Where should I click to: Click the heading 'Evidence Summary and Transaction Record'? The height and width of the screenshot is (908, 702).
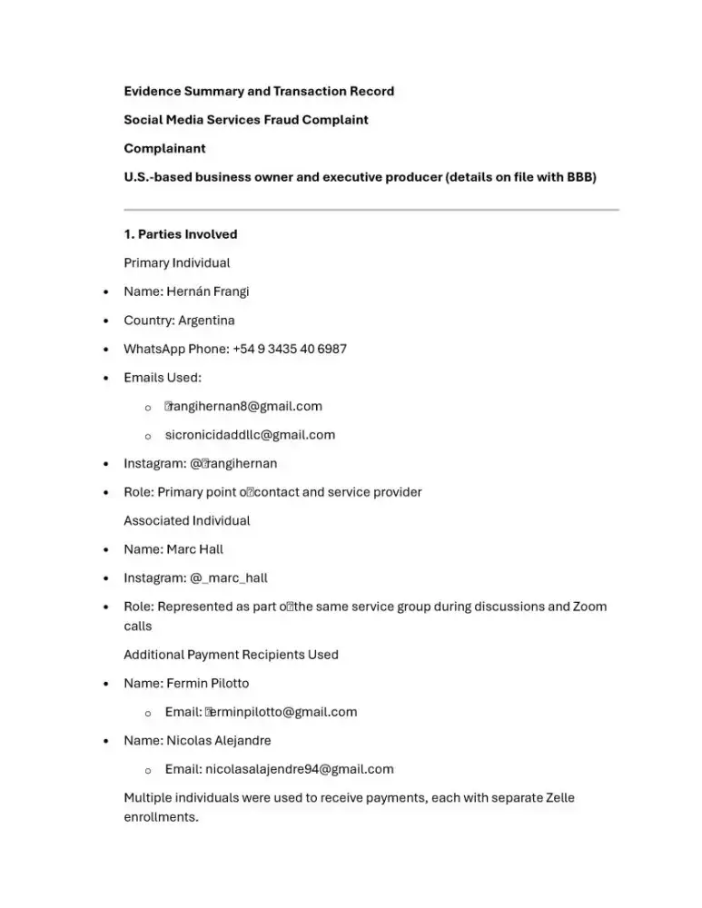point(259,91)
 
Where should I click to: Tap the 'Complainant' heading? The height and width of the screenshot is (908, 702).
point(164,148)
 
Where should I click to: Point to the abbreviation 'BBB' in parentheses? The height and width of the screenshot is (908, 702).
point(579,177)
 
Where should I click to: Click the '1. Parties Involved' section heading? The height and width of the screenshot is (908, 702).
point(180,234)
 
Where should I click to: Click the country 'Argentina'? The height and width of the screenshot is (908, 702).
point(206,321)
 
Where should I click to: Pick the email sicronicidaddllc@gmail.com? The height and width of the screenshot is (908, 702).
point(250,435)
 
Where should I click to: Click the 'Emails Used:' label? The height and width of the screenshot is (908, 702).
point(163,378)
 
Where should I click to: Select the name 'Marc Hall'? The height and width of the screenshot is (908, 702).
point(194,549)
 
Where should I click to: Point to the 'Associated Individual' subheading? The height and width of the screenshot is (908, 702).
point(186,521)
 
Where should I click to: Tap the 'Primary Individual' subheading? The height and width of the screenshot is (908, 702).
point(176,263)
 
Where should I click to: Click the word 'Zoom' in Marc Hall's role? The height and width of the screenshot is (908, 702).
point(589,607)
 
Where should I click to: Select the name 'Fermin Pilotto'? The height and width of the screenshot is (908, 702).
point(207,684)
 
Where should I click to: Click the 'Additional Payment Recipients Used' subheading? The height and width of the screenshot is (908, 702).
point(231,655)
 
